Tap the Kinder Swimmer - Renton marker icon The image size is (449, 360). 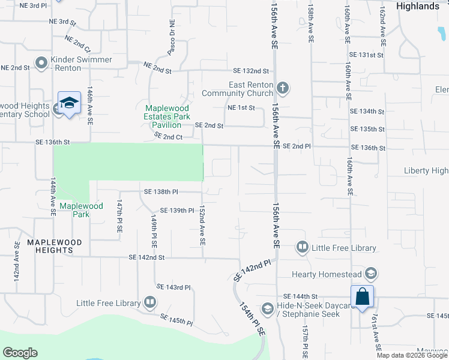tap(41, 62)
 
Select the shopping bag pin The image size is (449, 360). tap(363, 296)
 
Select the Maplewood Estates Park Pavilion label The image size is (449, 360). tap(163, 116)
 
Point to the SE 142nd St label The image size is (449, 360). tap(146, 257)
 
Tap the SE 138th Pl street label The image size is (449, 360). tap(161, 191)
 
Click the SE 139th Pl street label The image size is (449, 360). tap(177, 211)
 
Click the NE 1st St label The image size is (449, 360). tap(241, 107)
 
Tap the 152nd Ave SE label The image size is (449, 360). tap(202, 225)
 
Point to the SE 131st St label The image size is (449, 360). tap(366, 55)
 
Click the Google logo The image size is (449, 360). tap(20, 353)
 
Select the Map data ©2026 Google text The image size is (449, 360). tap(411, 355)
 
